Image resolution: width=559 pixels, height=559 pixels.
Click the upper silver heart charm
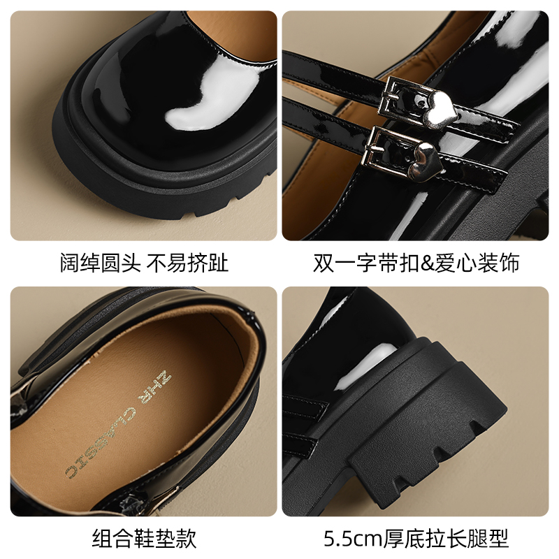(x=440, y=109)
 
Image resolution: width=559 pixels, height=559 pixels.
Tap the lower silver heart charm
(x=428, y=161)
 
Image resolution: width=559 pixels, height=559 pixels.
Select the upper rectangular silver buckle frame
(x=399, y=98)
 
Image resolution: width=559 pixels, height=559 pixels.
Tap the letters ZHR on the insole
(x=156, y=386)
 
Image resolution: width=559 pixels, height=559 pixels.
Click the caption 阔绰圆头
(x=101, y=263)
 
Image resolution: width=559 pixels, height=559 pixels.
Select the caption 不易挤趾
(x=187, y=263)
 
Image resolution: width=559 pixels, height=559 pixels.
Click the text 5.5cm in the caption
(x=353, y=538)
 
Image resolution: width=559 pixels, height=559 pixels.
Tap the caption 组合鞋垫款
(x=145, y=538)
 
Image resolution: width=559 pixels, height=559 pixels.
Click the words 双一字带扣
(x=366, y=263)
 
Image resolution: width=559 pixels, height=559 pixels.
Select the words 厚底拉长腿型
(x=446, y=538)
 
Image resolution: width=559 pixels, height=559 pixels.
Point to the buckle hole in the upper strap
(x=423, y=104)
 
